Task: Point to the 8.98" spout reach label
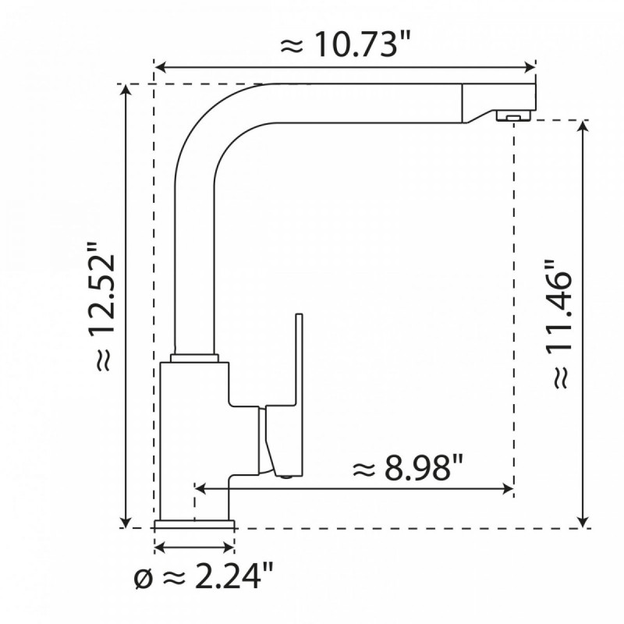pos(408,470)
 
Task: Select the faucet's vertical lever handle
pos(296,359)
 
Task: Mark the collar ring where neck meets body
pos(193,357)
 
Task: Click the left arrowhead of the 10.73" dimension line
pos(159,66)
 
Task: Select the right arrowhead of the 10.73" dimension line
pos(533,66)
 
